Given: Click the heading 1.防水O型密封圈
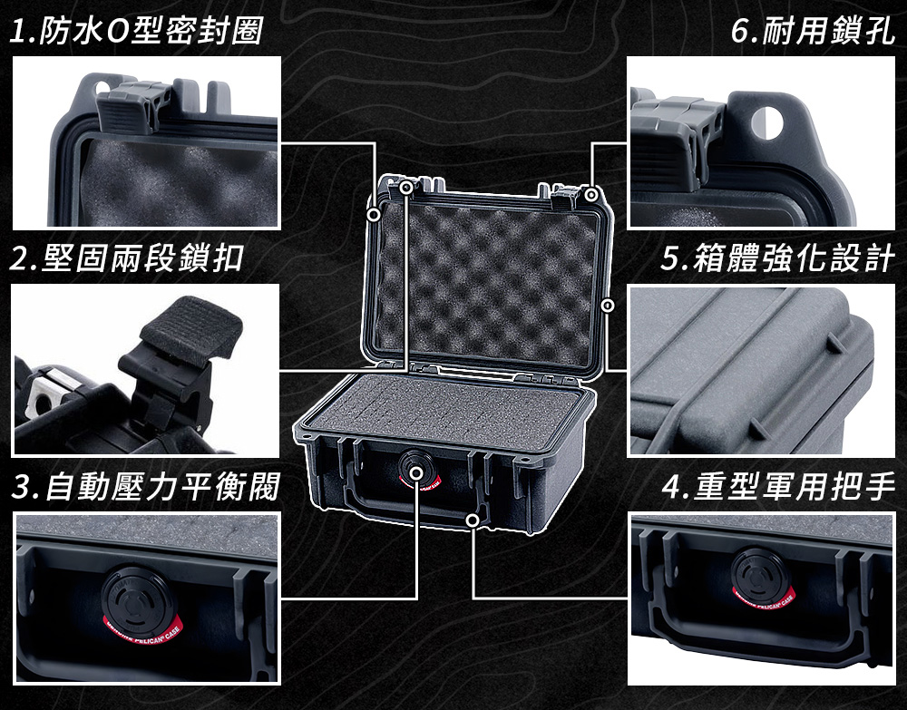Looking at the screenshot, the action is (137, 30).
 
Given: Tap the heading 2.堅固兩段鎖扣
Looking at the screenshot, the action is (127, 258).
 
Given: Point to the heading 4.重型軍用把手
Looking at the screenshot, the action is (778, 486).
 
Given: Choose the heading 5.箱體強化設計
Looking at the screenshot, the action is (778, 258).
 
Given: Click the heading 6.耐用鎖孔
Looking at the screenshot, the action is (813, 30).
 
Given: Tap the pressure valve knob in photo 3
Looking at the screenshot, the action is (137, 596).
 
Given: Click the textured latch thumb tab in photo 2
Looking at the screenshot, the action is (191, 327).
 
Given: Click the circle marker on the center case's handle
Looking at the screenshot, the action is (473, 520).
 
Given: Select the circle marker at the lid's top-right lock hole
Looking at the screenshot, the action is (590, 195).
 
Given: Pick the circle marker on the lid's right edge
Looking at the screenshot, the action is (608, 305).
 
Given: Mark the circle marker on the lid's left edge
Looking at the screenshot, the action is (375, 215).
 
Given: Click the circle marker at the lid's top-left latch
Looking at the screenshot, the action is (406, 188).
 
